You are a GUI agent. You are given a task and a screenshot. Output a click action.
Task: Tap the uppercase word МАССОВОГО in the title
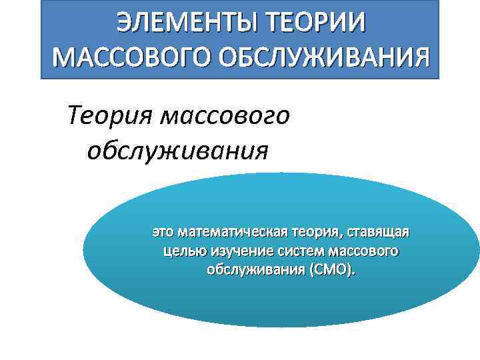click(130, 61)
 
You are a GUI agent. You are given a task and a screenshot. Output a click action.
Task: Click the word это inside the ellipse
click(164, 233)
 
